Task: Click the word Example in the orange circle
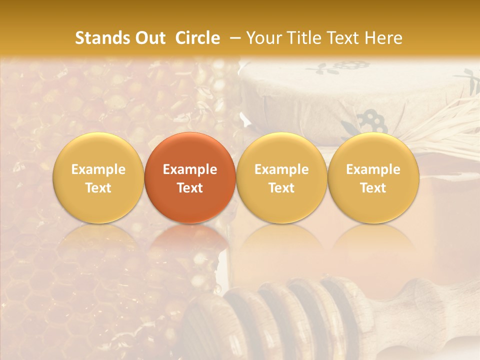tap(190, 169)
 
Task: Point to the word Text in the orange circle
tap(190, 188)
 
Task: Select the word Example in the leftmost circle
tap(98, 169)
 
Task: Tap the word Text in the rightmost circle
tap(373, 188)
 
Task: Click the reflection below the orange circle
tap(190, 245)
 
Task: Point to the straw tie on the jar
tap(445, 125)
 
